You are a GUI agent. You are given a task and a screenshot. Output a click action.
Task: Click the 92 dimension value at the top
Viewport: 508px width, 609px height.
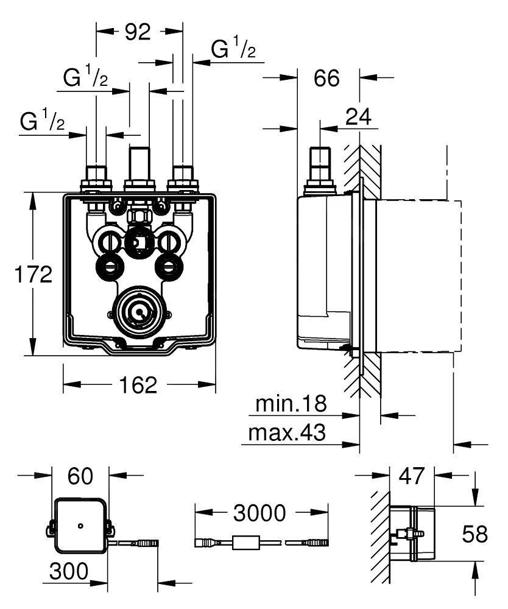(x=138, y=32)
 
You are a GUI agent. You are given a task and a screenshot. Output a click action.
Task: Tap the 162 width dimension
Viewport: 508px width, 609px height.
(x=139, y=384)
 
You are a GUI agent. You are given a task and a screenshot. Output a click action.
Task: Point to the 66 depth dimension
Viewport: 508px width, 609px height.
(x=326, y=78)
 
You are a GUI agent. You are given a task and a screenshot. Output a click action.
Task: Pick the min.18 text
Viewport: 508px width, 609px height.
(x=291, y=403)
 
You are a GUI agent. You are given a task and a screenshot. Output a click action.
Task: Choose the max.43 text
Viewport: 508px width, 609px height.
(x=286, y=433)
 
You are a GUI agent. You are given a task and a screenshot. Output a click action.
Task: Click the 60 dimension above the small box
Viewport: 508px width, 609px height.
(x=81, y=477)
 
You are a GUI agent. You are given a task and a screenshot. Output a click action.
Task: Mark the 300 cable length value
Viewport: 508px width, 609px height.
(x=69, y=571)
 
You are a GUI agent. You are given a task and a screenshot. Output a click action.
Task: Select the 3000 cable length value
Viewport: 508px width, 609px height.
(x=259, y=513)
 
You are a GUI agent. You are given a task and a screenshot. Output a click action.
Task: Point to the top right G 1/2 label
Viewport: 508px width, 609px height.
(x=233, y=50)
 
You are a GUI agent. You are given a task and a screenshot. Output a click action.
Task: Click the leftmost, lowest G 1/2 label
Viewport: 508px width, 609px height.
(x=42, y=122)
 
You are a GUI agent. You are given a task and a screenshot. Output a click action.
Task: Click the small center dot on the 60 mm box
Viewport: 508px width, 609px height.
(x=80, y=526)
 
